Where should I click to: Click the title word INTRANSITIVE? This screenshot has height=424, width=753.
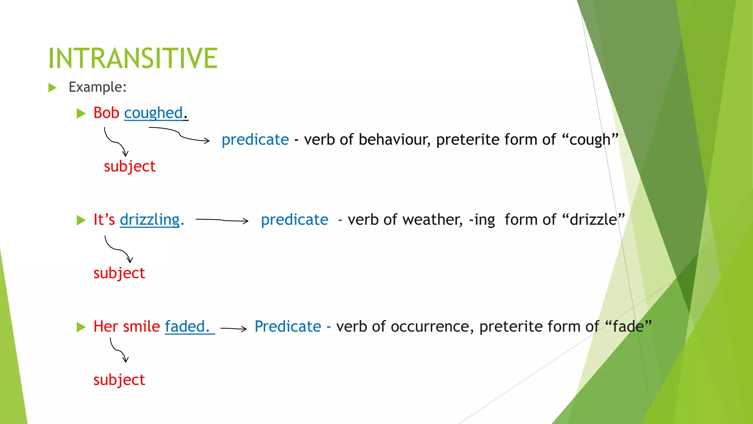pyautogui.click(x=133, y=58)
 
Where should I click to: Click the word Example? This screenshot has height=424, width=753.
pyautogui.click(x=97, y=87)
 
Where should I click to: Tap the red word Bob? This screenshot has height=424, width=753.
pyautogui.click(x=106, y=113)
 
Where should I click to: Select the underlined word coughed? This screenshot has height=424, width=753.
pyautogui.click(x=153, y=113)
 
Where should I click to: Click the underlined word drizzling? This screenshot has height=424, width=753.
pyautogui.click(x=150, y=220)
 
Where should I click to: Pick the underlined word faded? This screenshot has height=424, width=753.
pyautogui.click(x=187, y=326)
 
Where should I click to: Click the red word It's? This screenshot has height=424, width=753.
pyautogui.click(x=104, y=220)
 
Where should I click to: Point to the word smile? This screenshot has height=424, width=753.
pyautogui.click(x=142, y=326)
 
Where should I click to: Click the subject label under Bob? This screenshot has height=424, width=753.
pyautogui.click(x=129, y=166)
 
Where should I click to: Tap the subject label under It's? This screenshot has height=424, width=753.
pyautogui.click(x=119, y=273)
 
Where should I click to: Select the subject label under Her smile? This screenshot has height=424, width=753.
pyautogui.click(x=119, y=380)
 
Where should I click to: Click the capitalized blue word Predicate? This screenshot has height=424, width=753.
pyautogui.click(x=288, y=326)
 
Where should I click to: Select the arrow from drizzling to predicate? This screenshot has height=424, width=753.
pyautogui.click(x=222, y=220)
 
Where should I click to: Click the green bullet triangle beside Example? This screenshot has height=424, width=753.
pyautogui.click(x=52, y=88)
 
